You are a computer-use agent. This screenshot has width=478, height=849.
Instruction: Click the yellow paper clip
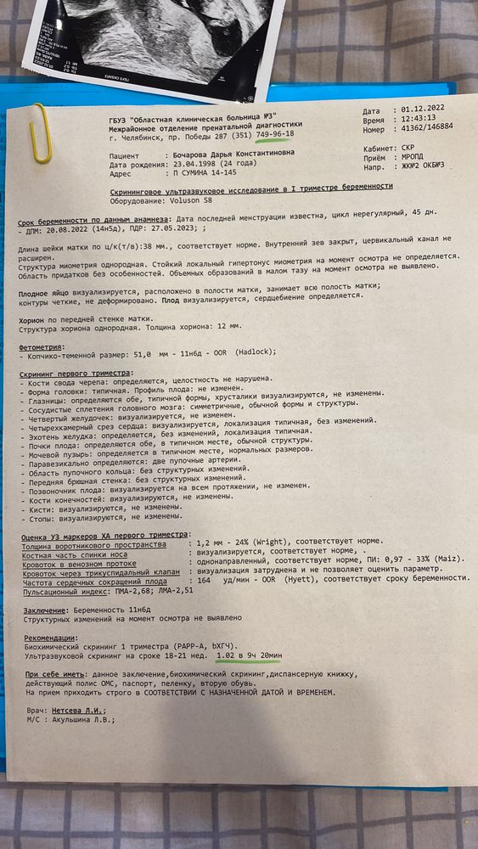pos(38,133)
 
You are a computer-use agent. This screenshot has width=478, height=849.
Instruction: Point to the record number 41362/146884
pos(425,128)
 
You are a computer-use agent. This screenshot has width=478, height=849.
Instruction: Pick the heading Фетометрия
pos(43,347)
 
